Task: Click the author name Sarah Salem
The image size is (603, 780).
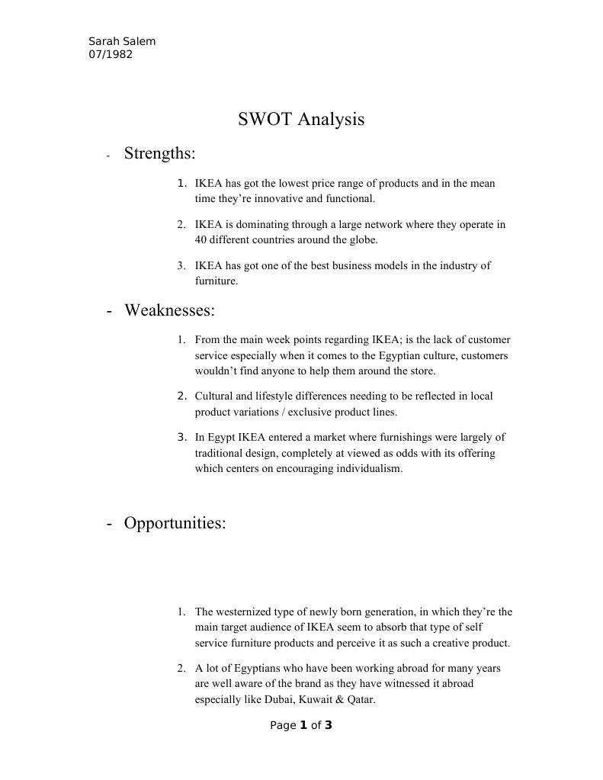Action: (122, 41)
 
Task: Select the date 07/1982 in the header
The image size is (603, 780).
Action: (111, 54)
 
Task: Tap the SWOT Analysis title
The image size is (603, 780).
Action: (301, 120)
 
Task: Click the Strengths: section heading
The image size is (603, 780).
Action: (159, 154)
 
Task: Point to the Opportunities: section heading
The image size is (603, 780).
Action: (175, 524)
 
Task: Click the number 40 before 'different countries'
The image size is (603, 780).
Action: (201, 239)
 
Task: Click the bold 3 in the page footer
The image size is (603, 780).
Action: (329, 725)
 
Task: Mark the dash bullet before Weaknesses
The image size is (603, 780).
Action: (111, 311)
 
